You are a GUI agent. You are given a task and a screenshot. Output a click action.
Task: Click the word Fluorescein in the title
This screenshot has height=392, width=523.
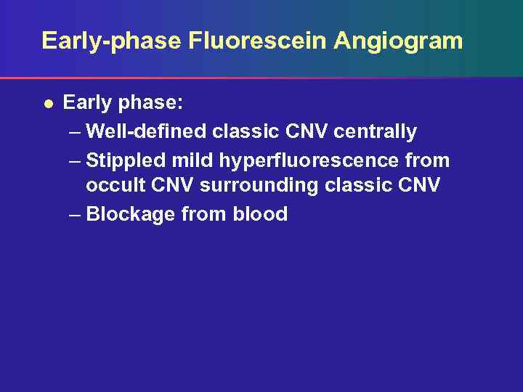click(257, 41)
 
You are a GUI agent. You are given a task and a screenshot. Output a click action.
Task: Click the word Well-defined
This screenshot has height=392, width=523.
click(145, 131)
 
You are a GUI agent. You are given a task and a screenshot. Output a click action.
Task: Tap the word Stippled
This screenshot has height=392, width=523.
click(129, 159)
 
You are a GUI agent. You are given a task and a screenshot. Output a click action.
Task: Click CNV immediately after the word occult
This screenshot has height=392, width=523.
click(171, 186)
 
